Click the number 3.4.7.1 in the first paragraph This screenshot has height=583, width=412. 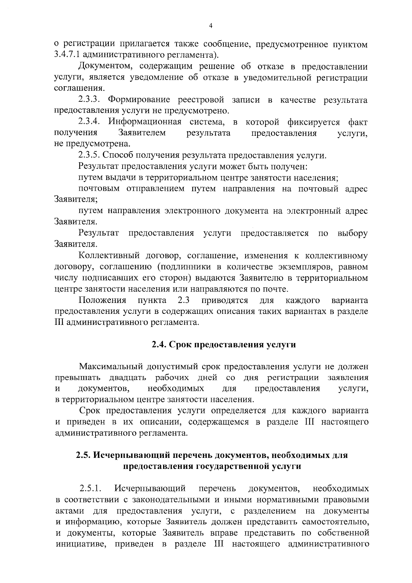[x=67, y=55]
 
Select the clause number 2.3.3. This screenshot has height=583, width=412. [x=89, y=100]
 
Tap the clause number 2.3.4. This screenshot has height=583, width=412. [x=89, y=122]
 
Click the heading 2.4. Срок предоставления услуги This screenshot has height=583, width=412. [x=224, y=345]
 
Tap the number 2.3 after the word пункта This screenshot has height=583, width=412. [x=184, y=300]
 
